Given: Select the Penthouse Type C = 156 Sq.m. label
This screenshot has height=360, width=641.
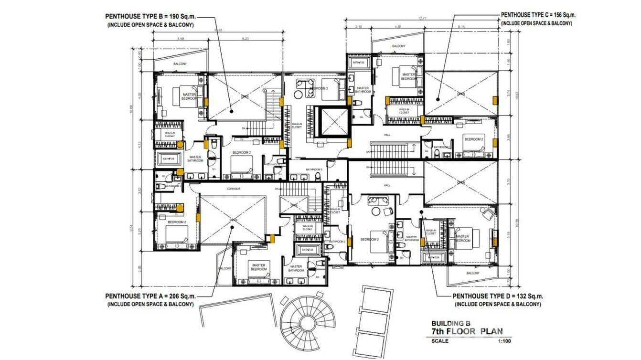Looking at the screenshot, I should [538, 15].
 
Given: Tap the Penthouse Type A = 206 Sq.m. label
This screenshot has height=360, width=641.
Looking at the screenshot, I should [150, 296].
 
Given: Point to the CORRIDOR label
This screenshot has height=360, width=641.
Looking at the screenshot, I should [234, 189].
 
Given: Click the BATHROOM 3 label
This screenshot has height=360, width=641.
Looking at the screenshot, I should [314, 169].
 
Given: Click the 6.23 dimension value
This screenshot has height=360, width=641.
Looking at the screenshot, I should [246, 39].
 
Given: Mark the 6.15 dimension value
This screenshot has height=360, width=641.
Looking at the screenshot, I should [461, 27].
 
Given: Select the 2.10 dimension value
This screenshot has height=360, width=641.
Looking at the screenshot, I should [359, 27].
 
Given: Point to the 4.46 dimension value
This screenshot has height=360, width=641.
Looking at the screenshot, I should [398, 27].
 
